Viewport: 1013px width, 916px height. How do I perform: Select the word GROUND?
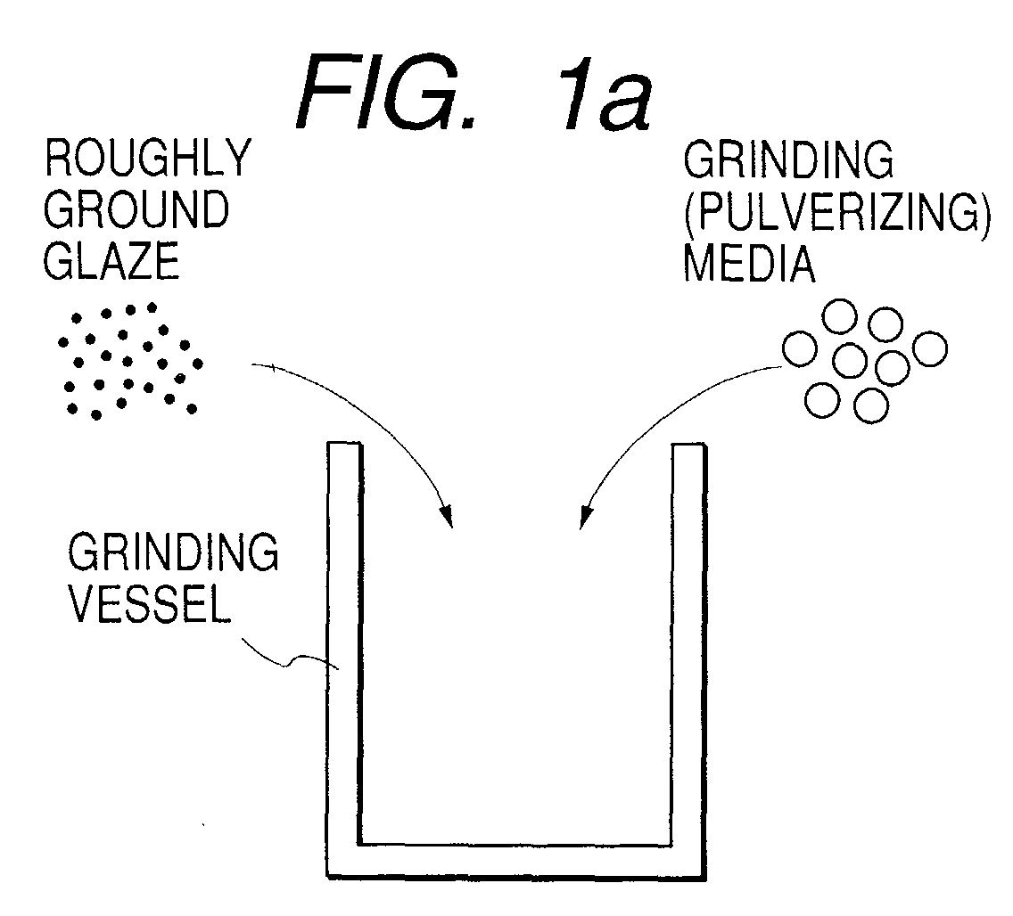(x=136, y=209)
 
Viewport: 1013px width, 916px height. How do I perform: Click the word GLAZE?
(x=111, y=260)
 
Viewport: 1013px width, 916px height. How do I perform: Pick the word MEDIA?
(x=749, y=263)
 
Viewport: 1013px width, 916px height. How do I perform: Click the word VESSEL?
(x=149, y=605)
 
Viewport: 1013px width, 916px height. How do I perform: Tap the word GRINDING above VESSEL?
(x=173, y=552)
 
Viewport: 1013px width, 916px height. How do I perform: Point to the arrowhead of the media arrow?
(x=585, y=516)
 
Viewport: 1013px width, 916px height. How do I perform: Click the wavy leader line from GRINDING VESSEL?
(x=290, y=659)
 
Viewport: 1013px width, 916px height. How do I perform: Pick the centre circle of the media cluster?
(x=850, y=360)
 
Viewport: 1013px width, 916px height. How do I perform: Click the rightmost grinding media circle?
(x=930, y=348)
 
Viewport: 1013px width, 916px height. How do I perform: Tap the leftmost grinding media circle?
(x=800, y=348)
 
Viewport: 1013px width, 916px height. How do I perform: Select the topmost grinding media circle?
(x=839, y=316)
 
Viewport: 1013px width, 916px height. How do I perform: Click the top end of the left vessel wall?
(x=344, y=443)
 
